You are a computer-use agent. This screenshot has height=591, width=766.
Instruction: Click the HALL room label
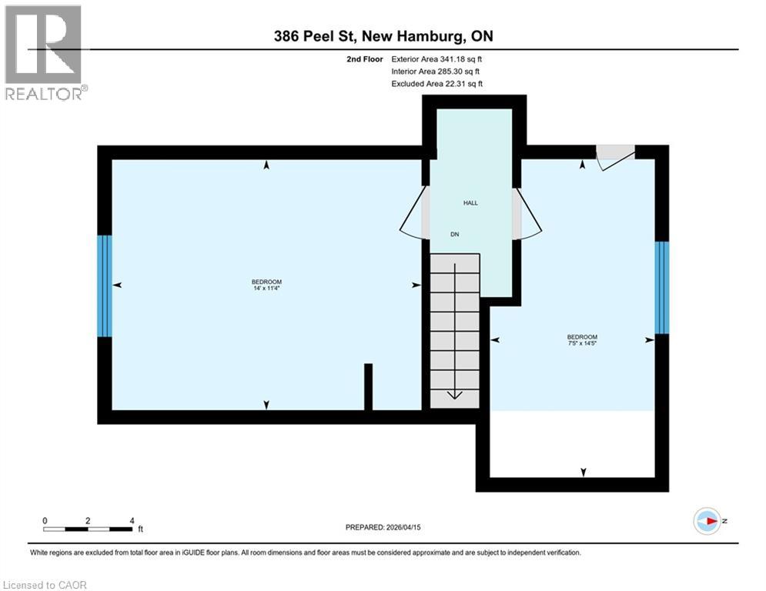[x=470, y=202]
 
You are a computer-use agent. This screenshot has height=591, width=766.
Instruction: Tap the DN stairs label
[x=455, y=235]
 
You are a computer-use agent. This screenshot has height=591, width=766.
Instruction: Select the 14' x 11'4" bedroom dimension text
[x=266, y=288]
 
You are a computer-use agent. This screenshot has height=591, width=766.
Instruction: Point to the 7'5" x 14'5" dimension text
[x=582, y=343]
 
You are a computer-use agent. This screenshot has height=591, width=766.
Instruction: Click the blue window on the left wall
[x=105, y=286]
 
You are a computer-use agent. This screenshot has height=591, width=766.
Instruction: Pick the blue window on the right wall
[x=661, y=288]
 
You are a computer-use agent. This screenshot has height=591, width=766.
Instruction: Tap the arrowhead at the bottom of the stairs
[x=455, y=395]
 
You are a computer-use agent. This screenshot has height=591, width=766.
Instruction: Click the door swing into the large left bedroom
[x=413, y=213]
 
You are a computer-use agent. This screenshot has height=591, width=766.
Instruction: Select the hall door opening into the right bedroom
[x=527, y=214]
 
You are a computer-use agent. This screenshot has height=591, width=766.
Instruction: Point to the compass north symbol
[x=707, y=521]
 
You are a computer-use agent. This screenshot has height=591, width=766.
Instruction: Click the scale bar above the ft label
[x=88, y=529]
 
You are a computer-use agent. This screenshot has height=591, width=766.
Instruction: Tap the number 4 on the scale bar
[x=132, y=521]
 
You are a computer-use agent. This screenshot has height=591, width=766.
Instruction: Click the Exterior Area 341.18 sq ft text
[x=437, y=59]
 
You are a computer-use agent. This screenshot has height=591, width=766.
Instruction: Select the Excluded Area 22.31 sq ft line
[x=437, y=84]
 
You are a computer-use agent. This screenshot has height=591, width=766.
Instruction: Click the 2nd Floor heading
[x=365, y=59]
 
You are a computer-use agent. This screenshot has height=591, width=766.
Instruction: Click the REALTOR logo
[x=45, y=53]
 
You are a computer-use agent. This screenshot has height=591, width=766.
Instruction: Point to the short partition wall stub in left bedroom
[x=368, y=387]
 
